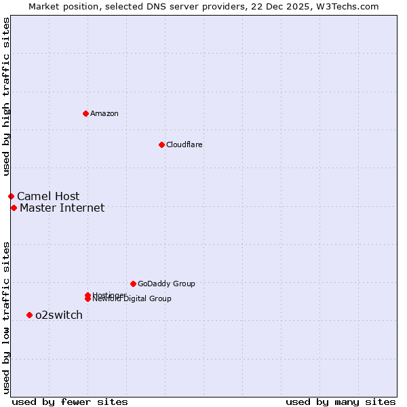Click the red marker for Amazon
pos(85,113)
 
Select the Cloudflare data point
pos(161,144)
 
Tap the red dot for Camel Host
pos(11,196)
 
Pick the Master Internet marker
pos(14,208)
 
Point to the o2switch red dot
pos(29,315)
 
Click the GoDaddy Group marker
pos(133,284)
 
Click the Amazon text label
pos(104,113)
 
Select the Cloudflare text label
pos(185,144)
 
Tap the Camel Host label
pos(48,197)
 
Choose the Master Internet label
pos(62,208)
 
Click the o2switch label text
pos(59,315)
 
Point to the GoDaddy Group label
pos(166,284)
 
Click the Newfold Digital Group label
pos(133,299)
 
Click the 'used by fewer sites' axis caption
pos(69,402)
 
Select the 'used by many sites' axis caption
pos(341,402)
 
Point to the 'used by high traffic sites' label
pos(6,97)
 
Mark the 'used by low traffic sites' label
pos(6,317)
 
